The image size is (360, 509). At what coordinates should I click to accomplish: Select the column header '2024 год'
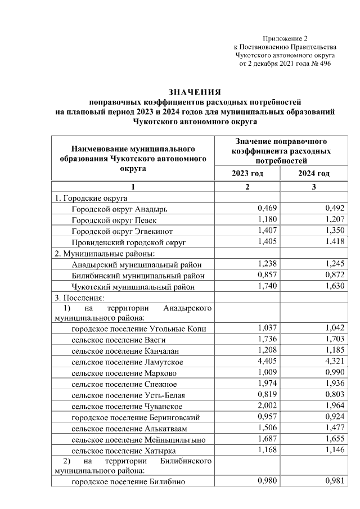click(314, 173)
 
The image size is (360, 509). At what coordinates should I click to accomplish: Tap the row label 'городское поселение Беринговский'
click(128, 417)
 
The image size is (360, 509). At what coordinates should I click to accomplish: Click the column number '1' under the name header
click(133, 187)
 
